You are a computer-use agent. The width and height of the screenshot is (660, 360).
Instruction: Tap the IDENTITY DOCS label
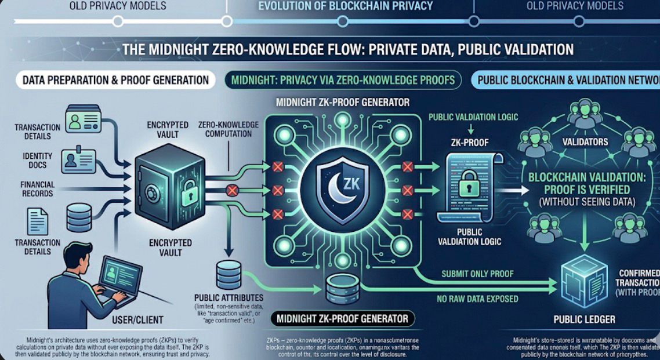pyautogui.click(x=38, y=160)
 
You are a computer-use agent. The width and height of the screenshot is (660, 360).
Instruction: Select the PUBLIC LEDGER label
pyautogui.click(x=584, y=319)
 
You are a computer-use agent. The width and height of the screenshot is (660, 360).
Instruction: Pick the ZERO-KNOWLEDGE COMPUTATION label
pyautogui.click(x=225, y=129)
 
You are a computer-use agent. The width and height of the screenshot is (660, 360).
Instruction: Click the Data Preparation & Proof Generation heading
pyautogui.click(x=115, y=79)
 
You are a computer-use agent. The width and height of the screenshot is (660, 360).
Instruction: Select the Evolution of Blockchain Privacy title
pyautogui.click(x=346, y=6)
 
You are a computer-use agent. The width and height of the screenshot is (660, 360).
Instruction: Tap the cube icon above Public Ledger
pyautogui.click(x=585, y=282)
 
